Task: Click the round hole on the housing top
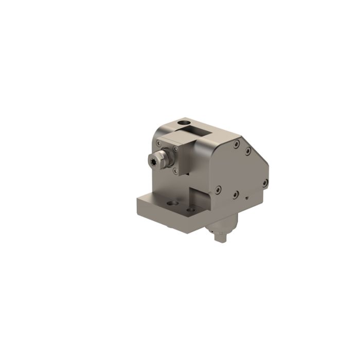183,124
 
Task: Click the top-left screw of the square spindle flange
159,141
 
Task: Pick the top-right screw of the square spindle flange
176,149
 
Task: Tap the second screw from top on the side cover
248,151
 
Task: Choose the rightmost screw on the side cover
264,183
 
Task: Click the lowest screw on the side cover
235,195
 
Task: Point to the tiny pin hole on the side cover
247,197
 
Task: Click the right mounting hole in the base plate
191,210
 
